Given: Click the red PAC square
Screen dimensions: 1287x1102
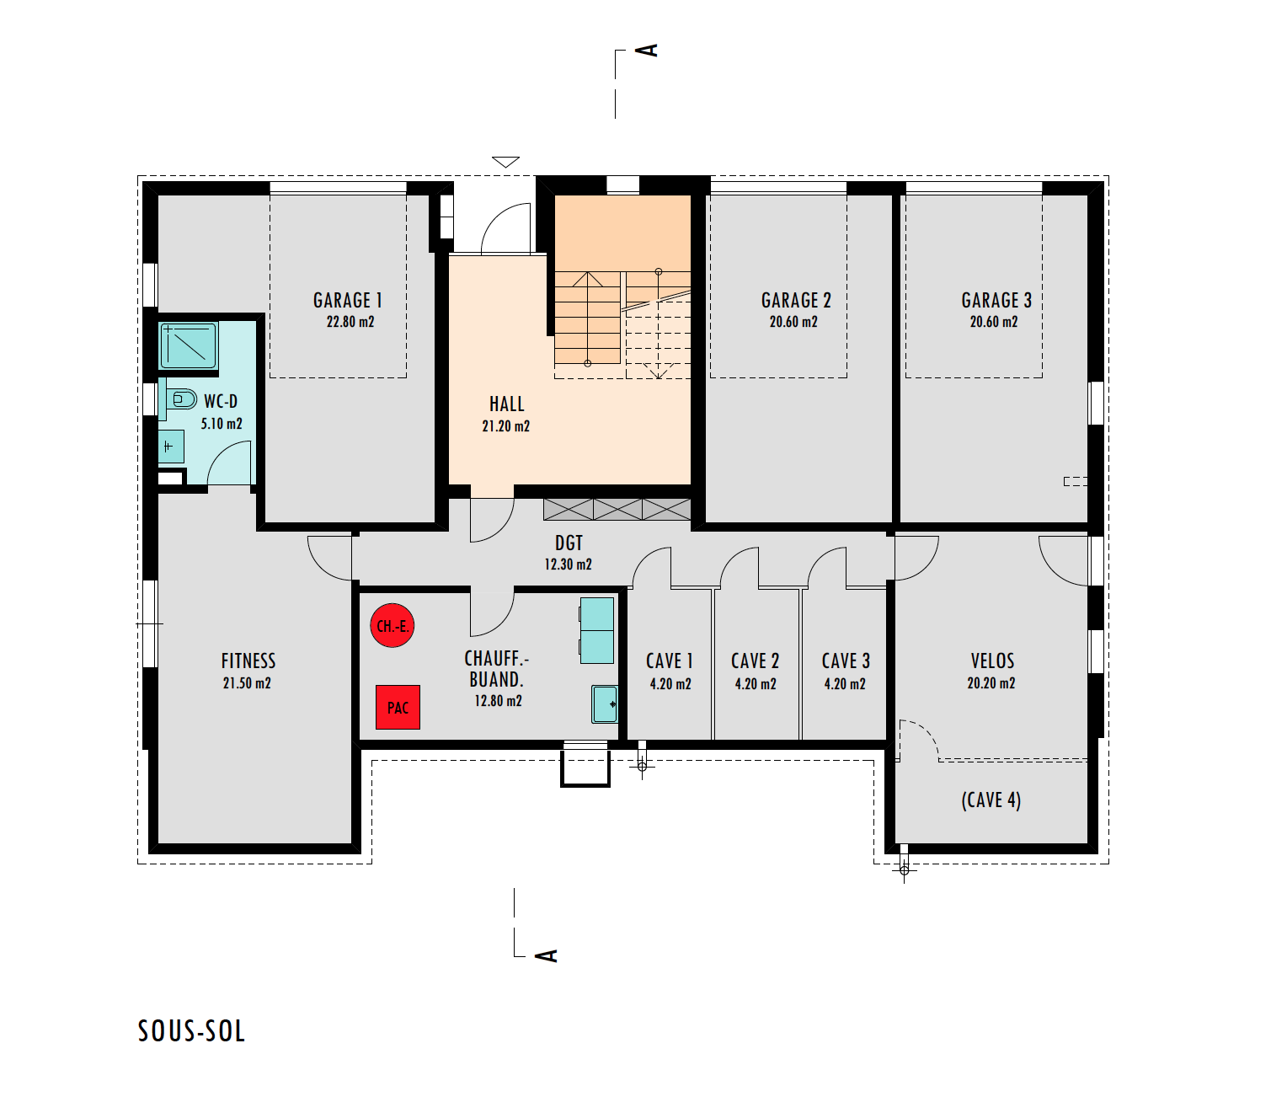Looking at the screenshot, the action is pos(398,707).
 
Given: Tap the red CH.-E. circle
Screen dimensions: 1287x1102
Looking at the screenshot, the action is pos(393,625).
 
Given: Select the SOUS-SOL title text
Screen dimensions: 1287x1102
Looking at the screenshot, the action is pos(191,1031).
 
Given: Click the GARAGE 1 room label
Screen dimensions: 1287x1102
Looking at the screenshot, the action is pos(347,300).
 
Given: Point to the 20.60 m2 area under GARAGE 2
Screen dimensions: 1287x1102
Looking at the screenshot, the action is pos(793,322).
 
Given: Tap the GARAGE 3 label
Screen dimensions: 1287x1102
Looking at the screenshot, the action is pos(996,300).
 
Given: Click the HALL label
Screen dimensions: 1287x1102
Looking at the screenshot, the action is pos(507,404).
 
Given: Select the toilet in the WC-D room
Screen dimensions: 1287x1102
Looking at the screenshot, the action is pos(181,399).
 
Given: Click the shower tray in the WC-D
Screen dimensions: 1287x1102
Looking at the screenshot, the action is pos(189,345).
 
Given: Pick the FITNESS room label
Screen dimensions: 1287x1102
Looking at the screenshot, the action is pos(248,661).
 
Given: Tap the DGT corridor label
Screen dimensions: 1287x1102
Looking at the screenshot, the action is pos(569,543).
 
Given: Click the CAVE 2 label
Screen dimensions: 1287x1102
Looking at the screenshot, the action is pos(756,661).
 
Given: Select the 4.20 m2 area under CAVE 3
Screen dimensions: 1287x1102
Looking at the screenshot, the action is pos(845,684).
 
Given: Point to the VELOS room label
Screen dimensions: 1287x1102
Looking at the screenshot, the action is pos(992,661).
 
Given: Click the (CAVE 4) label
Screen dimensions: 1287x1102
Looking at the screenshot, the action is pos(991,800).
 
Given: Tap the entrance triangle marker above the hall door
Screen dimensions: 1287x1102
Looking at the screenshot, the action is pos(505,162).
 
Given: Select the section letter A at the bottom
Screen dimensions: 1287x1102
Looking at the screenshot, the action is pos(546,955).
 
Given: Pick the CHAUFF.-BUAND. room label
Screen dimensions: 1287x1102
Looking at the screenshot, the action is pos(497,669).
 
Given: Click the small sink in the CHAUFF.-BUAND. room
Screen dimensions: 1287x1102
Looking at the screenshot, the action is pos(605,704).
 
